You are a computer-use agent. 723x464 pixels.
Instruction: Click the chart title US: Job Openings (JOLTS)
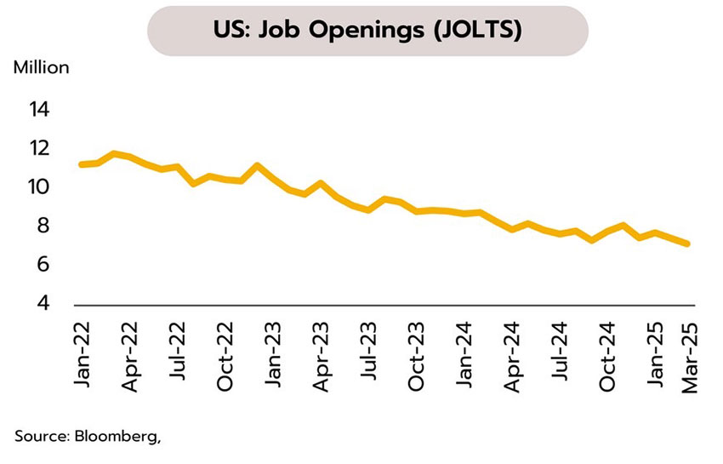pyautogui.click(x=367, y=31)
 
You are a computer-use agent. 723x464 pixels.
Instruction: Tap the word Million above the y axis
pyautogui.click(x=41, y=67)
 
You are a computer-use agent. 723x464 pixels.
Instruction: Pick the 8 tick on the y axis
pyautogui.click(x=43, y=226)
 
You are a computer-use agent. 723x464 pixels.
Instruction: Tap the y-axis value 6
pyautogui.click(x=43, y=266)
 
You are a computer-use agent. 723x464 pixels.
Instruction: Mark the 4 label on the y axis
pyautogui.click(x=43, y=304)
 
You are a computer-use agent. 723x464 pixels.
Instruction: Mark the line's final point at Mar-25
pyautogui.click(x=687, y=244)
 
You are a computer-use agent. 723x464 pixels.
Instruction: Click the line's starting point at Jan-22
pyautogui.click(x=81, y=164)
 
